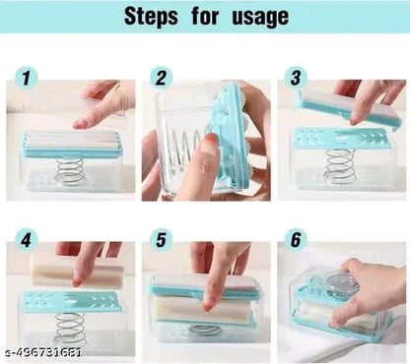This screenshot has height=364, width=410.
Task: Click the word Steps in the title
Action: coord(153,18)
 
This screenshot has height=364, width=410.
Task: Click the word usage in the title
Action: coord(254,18)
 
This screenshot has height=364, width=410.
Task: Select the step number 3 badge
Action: coord(295,78)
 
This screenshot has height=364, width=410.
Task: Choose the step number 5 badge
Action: coord(160,240)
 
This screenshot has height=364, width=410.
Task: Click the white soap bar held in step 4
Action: coord(65,272)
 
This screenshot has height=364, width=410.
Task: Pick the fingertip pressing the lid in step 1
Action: coord(86,121)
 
